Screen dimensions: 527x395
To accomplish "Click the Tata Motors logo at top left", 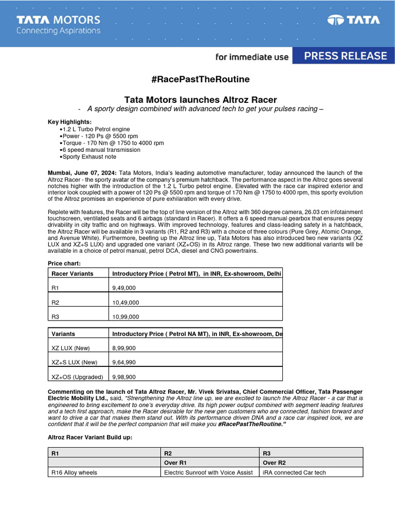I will tap(58, 24).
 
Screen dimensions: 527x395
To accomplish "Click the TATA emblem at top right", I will tap(354, 21).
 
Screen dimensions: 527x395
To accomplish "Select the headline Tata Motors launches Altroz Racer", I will tap(201, 99).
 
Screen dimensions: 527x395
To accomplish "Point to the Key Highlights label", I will tap(69, 122).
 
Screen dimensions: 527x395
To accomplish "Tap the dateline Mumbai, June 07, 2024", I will tap(82, 173).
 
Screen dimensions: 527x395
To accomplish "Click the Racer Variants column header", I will tap(73, 274).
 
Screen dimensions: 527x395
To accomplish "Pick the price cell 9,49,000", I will tap(124, 288).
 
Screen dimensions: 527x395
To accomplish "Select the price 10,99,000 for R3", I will tap(125, 317).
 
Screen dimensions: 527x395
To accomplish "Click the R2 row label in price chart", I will tap(56, 303).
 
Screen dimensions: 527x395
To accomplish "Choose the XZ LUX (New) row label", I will tap(71, 348).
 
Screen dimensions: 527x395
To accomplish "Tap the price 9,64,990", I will tap(124, 362).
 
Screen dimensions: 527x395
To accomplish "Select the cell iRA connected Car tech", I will tap(294, 472).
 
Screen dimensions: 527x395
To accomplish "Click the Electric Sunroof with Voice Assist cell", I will tap(208, 472).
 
